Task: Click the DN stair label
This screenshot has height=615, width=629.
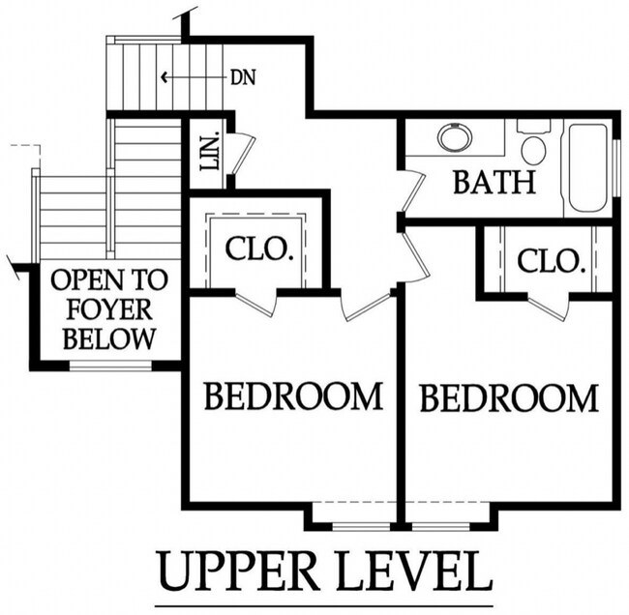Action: coord(243,77)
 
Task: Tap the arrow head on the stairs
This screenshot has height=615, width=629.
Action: coord(164,76)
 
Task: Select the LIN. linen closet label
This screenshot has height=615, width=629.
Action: coord(210,151)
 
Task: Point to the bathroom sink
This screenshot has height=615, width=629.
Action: coord(455,137)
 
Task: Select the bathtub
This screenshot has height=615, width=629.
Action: coord(588,168)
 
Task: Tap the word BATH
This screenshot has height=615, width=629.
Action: coord(494,183)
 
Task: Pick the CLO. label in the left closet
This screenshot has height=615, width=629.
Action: coord(257,249)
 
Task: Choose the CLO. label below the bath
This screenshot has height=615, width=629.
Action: coord(550,261)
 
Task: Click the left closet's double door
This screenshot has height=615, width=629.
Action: coord(255,301)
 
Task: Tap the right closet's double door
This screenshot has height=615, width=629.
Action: coord(549,307)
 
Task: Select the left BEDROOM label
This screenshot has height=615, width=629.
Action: coord(293,396)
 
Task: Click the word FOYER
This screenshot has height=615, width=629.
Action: coord(109,309)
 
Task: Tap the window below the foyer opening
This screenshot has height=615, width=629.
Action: coord(110,366)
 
